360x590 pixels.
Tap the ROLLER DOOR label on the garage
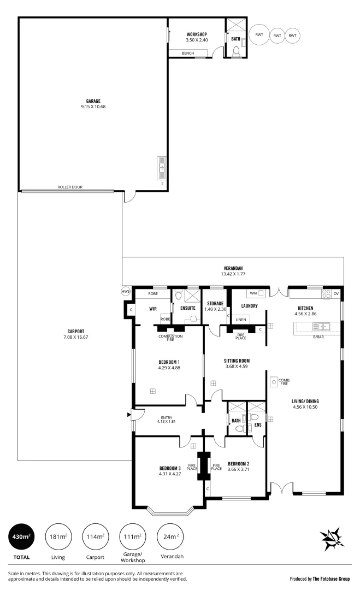point(70,187)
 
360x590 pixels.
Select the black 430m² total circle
point(21,538)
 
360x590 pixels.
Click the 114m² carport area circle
point(95,538)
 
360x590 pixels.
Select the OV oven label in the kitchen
point(335,294)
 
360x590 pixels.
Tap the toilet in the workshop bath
point(236,52)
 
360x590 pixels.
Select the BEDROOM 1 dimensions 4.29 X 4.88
point(169,368)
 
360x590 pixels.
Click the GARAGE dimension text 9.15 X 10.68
point(93,107)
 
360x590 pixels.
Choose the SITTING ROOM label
point(237,361)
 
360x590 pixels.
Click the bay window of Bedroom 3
point(170,512)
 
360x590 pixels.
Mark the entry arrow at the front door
point(129,415)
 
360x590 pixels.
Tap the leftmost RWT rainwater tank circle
point(258,36)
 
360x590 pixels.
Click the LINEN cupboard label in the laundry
point(241,319)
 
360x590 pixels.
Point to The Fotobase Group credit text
point(320,578)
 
